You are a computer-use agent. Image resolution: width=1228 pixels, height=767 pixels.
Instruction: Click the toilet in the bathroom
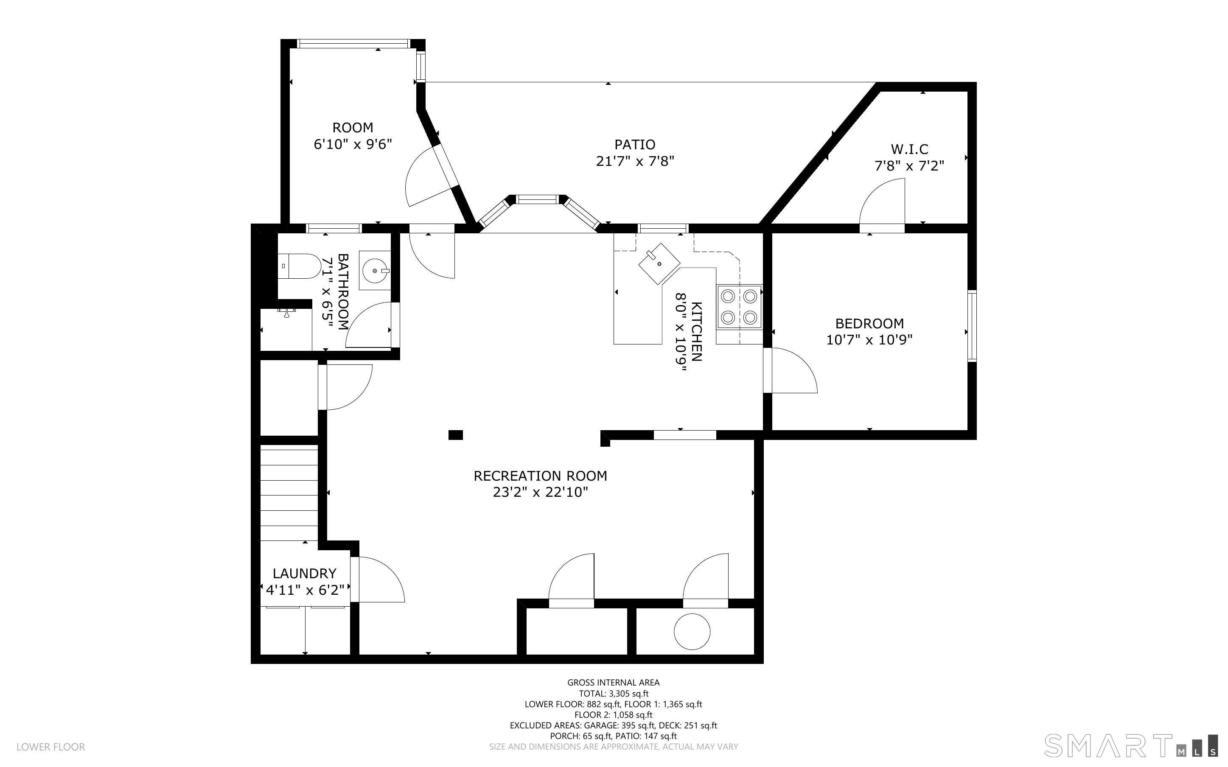[300, 266]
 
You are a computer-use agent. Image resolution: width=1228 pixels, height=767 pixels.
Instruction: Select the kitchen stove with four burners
[739, 307]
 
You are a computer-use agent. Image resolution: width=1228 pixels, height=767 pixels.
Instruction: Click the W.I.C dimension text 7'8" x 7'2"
[909, 166]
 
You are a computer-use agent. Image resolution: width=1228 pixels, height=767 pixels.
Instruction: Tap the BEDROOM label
[869, 323]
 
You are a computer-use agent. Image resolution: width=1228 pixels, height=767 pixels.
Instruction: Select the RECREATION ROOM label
[540, 476]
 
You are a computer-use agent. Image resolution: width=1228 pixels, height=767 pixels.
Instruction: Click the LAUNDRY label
[304, 573]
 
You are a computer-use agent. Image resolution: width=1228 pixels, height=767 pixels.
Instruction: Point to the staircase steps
[289, 492]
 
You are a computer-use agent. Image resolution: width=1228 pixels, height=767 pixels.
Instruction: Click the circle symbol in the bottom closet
[692, 632]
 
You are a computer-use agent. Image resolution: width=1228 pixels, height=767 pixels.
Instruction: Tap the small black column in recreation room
[455, 435]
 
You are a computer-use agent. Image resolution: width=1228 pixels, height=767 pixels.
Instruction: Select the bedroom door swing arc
[791, 371]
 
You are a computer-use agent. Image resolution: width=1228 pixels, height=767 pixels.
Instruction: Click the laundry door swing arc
[381, 580]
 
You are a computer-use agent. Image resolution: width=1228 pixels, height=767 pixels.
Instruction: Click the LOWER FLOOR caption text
[51, 747]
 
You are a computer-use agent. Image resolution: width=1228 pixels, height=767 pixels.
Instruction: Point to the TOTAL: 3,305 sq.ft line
[613, 694]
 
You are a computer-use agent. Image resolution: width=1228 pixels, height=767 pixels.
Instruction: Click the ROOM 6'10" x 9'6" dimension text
[353, 145]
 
